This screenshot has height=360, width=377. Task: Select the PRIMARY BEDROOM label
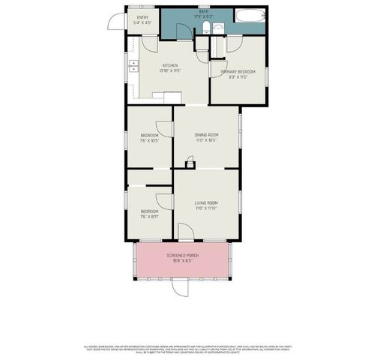coord(238,72)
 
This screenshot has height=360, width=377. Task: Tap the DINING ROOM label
coord(206,135)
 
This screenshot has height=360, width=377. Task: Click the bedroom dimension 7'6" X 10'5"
coord(149,140)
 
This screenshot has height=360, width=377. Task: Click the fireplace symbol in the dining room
coord(190,163)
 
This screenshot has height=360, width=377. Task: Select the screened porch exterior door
coord(178,286)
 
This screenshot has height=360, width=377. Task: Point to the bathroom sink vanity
coord(218,28)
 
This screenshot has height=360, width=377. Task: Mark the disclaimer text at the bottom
coord(188,348)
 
